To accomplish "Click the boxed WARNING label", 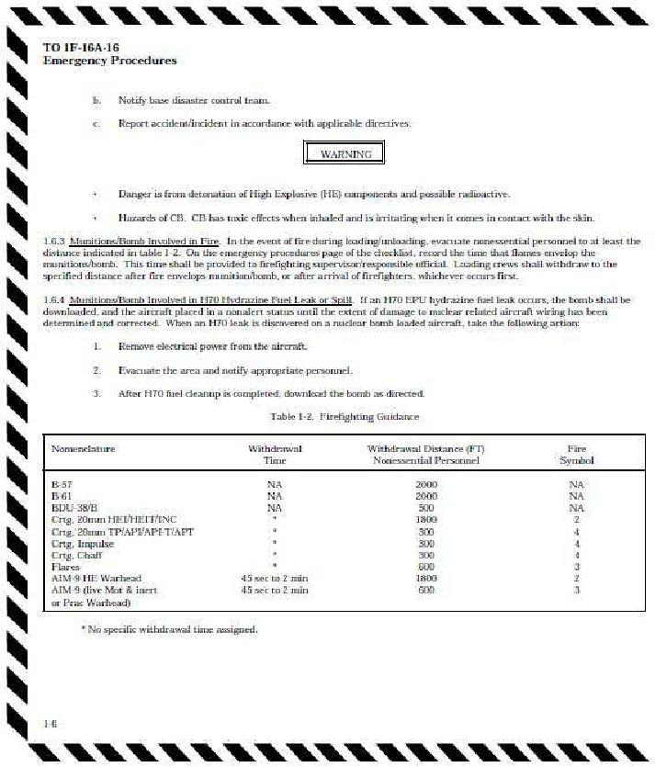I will point(345,153).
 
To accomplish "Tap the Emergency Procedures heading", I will point(109,61).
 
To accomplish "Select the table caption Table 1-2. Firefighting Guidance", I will point(344,416).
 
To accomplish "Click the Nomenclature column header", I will point(84,448).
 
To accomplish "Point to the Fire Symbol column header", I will point(577,454).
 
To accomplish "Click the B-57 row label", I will point(62,483).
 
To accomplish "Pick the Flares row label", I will point(64,567).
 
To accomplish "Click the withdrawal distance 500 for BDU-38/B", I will point(426,507).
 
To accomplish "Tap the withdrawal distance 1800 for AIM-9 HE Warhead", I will point(426,579).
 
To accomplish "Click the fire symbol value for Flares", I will point(576,567).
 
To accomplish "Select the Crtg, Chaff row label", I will point(76,555).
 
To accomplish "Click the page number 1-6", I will point(51,723).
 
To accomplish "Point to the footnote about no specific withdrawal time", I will point(169,629).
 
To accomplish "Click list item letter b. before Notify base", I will point(96,99).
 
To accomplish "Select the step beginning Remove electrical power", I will point(213,346).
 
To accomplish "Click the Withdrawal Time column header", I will point(275,454).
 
